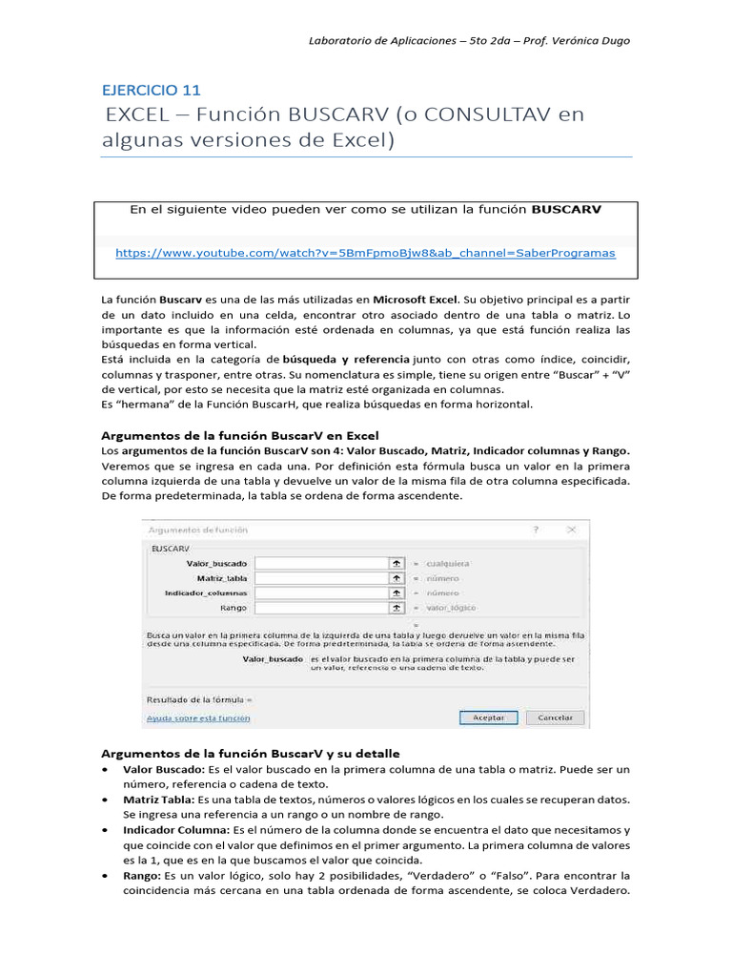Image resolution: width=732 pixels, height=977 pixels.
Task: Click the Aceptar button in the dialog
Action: click(488, 717)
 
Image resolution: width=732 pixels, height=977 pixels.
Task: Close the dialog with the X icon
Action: click(570, 529)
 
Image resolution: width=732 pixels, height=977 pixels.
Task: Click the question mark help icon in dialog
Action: click(536, 529)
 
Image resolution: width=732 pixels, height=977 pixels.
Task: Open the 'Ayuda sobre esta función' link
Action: click(198, 717)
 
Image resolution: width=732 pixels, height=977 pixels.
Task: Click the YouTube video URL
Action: click(365, 253)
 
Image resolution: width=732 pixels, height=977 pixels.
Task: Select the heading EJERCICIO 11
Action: click(152, 90)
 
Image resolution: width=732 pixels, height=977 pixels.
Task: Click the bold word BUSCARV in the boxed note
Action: click(566, 209)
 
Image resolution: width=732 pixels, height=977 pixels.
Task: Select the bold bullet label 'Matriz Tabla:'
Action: click(155, 800)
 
